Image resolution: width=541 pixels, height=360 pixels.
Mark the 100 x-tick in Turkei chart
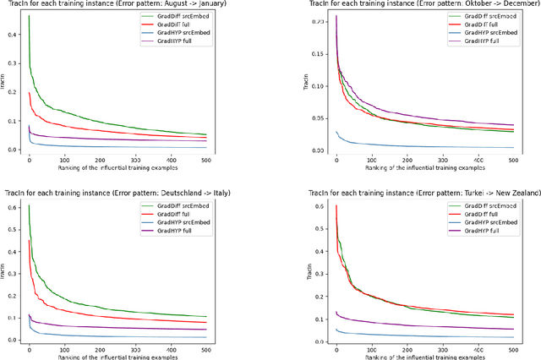coord(372,346)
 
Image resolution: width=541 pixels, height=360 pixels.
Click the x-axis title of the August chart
coord(124,167)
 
